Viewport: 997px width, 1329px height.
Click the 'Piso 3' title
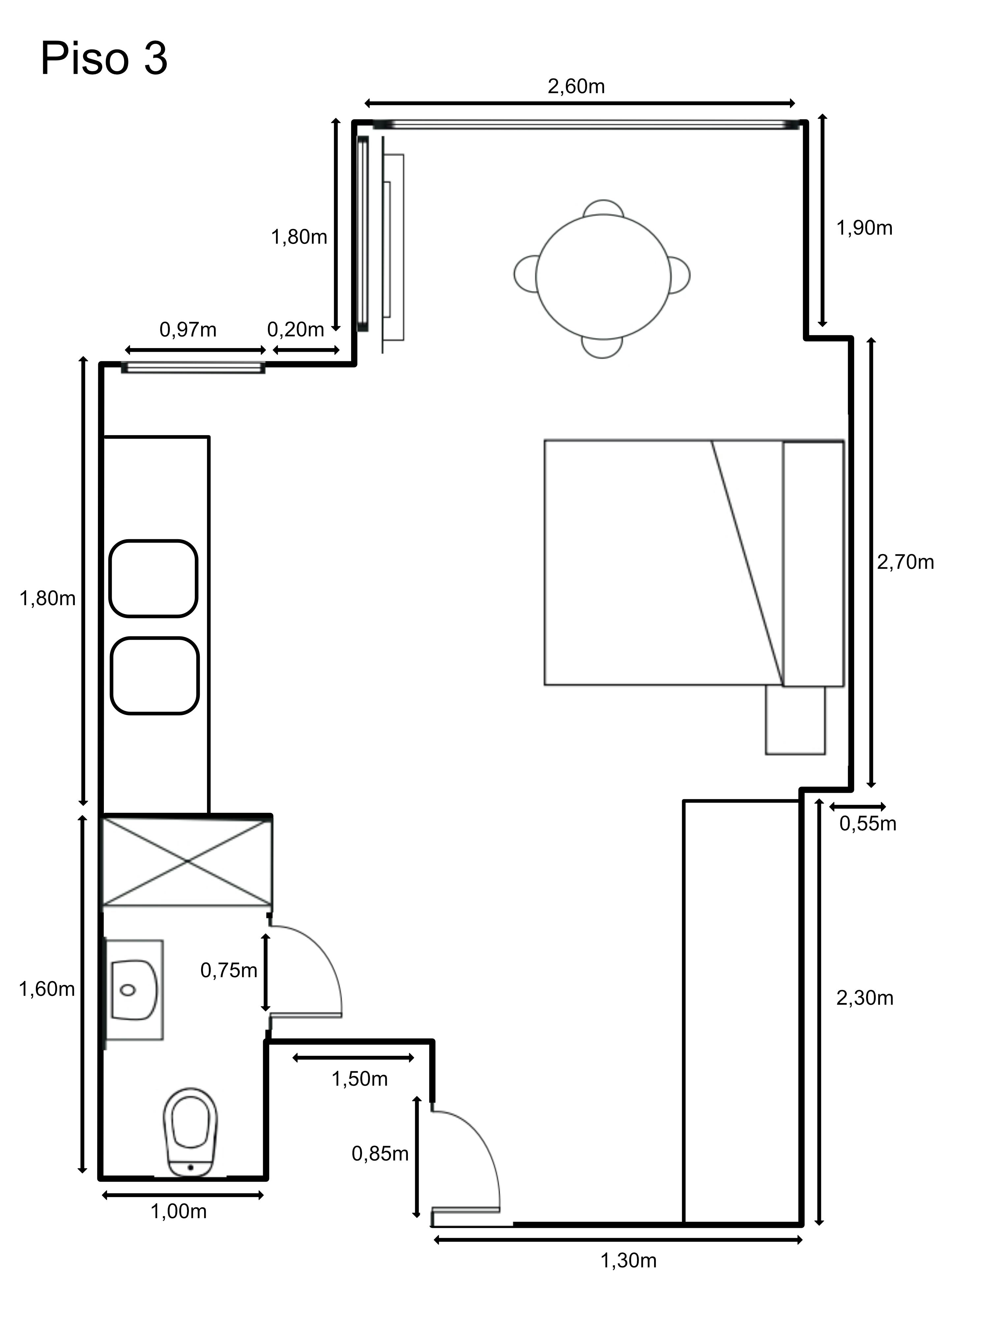[104, 59]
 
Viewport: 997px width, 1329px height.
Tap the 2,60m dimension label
[576, 86]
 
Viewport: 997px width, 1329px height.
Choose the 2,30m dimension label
[865, 998]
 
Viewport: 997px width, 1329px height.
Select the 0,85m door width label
[380, 1154]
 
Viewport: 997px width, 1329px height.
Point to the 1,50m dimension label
[359, 1079]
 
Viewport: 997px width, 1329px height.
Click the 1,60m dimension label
[47, 989]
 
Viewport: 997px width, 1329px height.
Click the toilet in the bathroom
[191, 1131]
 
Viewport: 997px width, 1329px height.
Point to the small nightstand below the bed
[795, 720]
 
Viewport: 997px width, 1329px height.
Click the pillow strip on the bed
[813, 564]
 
